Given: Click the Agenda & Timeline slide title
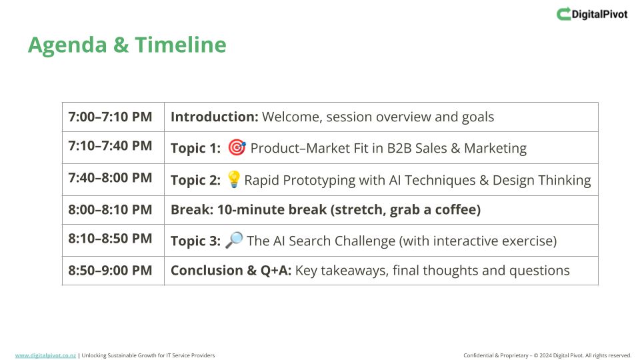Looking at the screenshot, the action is point(127,45).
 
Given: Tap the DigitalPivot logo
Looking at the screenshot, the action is point(592,14).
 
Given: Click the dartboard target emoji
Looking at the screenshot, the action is point(237,147).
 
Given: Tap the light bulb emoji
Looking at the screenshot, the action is point(233,179).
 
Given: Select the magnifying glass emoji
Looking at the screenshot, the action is point(234,240).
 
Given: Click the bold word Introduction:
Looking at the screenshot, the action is point(214,117).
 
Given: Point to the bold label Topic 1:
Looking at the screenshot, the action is point(195,148).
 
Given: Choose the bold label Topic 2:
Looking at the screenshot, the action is point(195,180).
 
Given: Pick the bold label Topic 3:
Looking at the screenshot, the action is point(195,241).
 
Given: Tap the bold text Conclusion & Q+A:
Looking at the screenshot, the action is point(231,270).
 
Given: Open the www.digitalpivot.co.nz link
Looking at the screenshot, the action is point(45,355).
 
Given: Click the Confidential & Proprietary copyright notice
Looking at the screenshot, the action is point(547,355).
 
